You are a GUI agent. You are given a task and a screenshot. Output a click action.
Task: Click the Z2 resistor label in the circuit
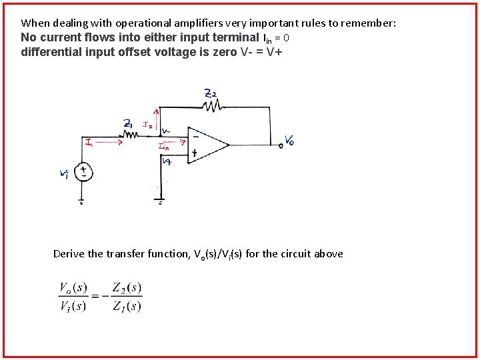click(211, 94)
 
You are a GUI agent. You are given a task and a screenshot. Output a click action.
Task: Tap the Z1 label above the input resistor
click(128, 123)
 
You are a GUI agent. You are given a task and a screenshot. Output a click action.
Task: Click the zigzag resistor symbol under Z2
click(212, 105)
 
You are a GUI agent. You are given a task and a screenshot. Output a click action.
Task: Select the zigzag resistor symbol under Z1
click(131, 134)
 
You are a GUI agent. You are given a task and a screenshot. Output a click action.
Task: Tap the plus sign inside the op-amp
click(195, 153)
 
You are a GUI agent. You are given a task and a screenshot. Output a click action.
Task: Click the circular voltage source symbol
click(83, 171)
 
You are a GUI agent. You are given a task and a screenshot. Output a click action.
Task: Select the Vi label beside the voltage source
click(65, 175)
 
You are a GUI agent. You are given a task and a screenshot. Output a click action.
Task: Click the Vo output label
click(289, 140)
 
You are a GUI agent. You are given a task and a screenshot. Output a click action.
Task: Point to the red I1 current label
click(89, 141)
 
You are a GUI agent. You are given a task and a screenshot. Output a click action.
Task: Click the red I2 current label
click(148, 124)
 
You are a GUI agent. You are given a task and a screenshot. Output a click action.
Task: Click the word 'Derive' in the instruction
click(69, 253)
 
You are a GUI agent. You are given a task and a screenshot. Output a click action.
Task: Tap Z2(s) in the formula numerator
click(127, 288)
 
